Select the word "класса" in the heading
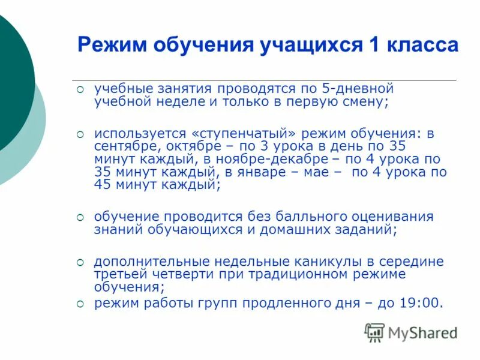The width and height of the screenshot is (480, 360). [420, 45]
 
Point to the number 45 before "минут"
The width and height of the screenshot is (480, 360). [103, 185]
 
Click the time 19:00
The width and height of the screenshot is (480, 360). [422, 304]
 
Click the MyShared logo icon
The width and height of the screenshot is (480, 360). [374, 332]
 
